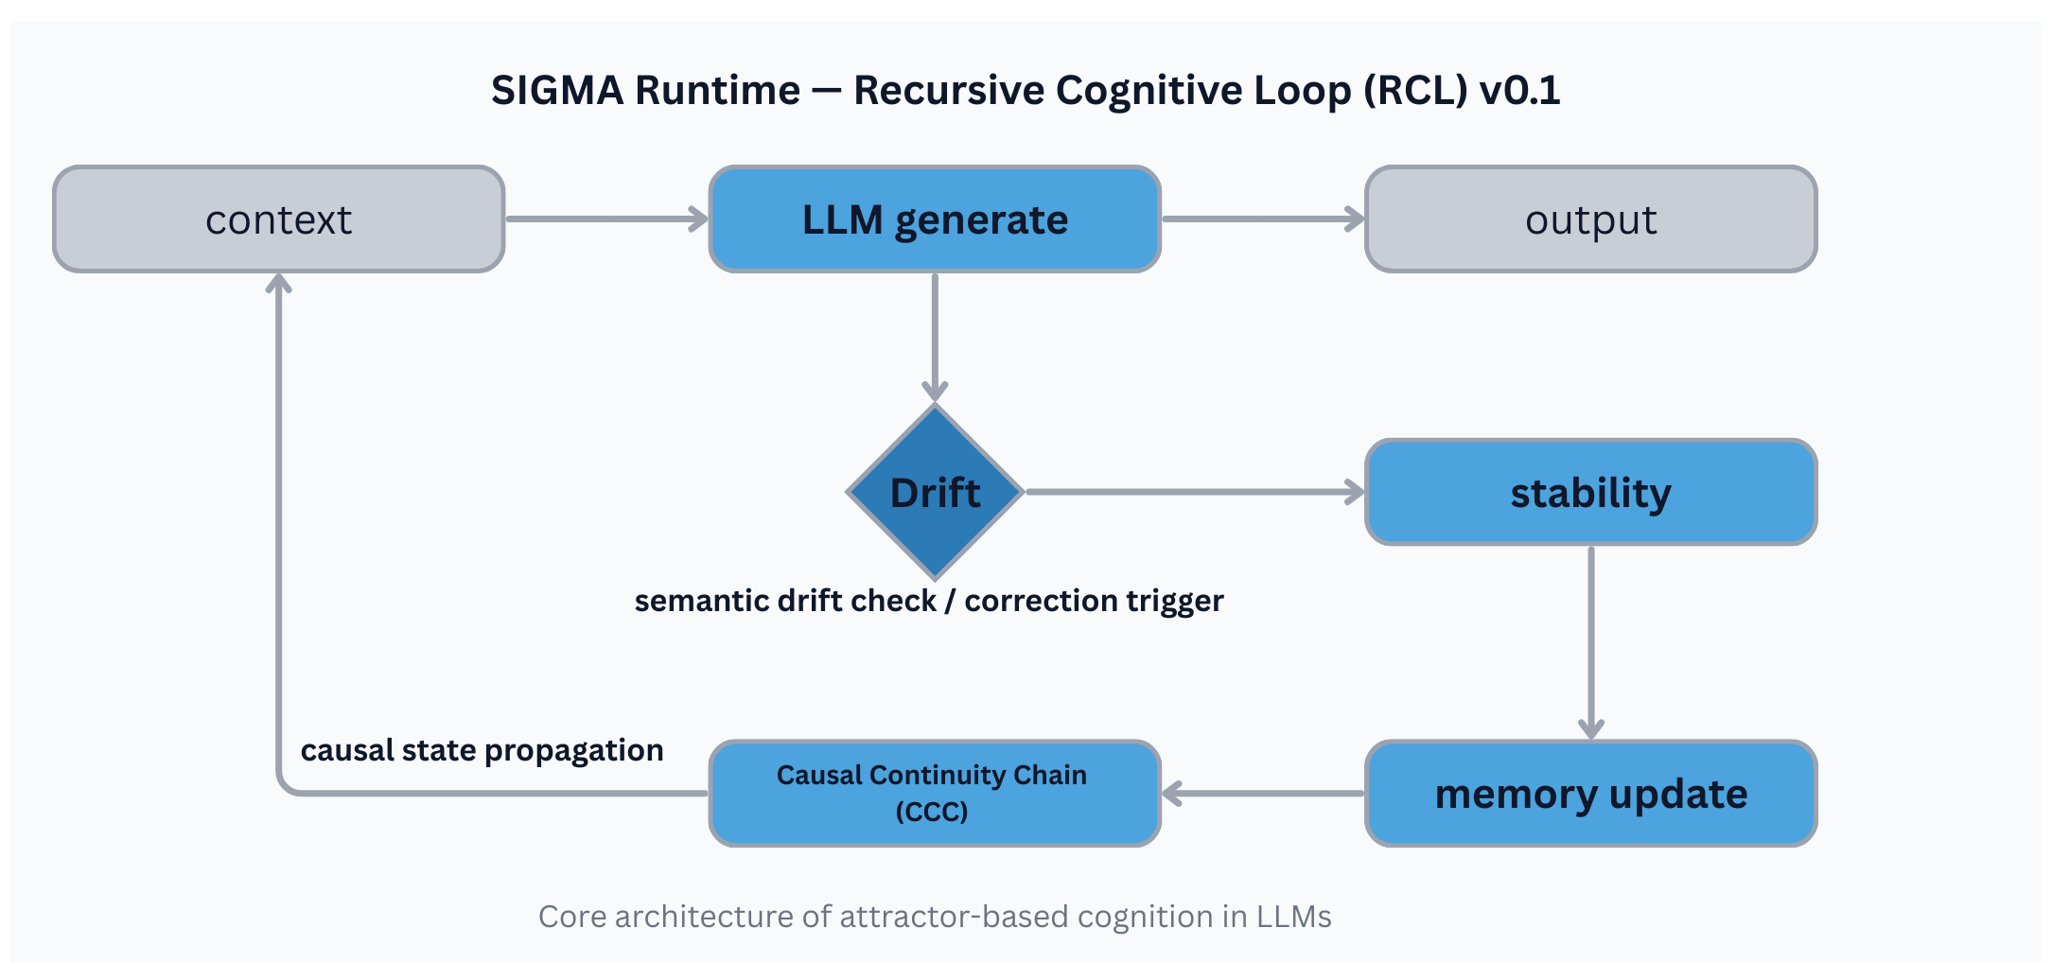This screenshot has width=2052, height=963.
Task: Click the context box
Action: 278,219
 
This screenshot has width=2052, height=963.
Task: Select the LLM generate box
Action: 935,219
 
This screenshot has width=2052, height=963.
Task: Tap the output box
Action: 1590,219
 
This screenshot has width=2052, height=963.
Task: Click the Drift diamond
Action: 935,492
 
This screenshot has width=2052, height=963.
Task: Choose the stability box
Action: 1590,492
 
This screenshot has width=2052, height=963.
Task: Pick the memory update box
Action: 1590,794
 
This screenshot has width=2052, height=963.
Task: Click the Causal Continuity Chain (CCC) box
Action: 935,794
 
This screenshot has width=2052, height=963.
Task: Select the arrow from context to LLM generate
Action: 605,219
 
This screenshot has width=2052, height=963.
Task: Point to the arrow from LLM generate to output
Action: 1262,219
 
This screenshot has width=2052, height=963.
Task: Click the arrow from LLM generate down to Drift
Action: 935,336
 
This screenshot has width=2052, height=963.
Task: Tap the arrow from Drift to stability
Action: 1192,492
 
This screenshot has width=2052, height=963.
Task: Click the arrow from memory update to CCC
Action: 1262,794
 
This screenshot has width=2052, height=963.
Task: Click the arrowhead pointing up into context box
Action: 278,283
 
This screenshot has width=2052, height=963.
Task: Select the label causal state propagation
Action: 482,750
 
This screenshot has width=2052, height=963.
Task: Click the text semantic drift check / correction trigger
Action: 928,601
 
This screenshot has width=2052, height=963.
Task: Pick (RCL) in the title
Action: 1415,91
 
